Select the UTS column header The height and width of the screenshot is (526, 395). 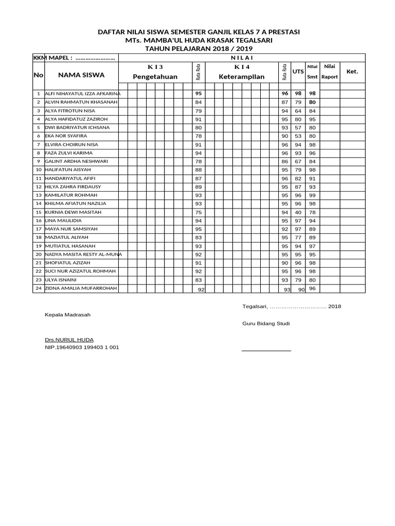(x=298, y=71)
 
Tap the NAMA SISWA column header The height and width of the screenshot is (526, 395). (x=81, y=75)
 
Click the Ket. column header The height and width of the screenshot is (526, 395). (x=352, y=71)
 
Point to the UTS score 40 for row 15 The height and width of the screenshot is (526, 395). (x=298, y=212)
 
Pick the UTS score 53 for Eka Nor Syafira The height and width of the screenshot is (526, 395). (x=298, y=136)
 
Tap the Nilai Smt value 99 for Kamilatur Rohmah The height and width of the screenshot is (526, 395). (x=312, y=195)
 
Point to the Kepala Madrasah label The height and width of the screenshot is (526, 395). (x=67, y=314)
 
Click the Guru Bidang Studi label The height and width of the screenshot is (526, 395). (x=266, y=324)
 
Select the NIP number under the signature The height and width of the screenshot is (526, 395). (x=82, y=347)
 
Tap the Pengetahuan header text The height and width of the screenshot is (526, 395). (x=155, y=77)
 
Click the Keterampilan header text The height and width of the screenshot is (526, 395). (x=241, y=77)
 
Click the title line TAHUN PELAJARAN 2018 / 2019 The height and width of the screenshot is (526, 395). (x=199, y=48)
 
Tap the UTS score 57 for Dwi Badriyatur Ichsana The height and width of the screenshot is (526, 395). (x=298, y=127)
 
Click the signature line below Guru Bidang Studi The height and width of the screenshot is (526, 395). (x=266, y=350)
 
